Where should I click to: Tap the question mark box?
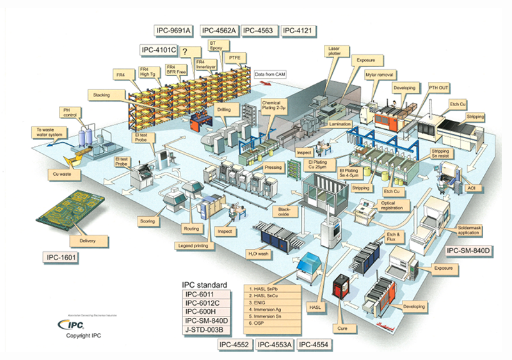pyautogui.click(x=185, y=51)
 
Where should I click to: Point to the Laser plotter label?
pyautogui.click(x=333, y=51)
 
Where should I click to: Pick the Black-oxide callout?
pyautogui.click(x=284, y=212)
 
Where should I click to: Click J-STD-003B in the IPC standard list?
pyautogui.click(x=204, y=331)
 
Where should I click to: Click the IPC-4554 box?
pyautogui.click(x=316, y=345)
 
